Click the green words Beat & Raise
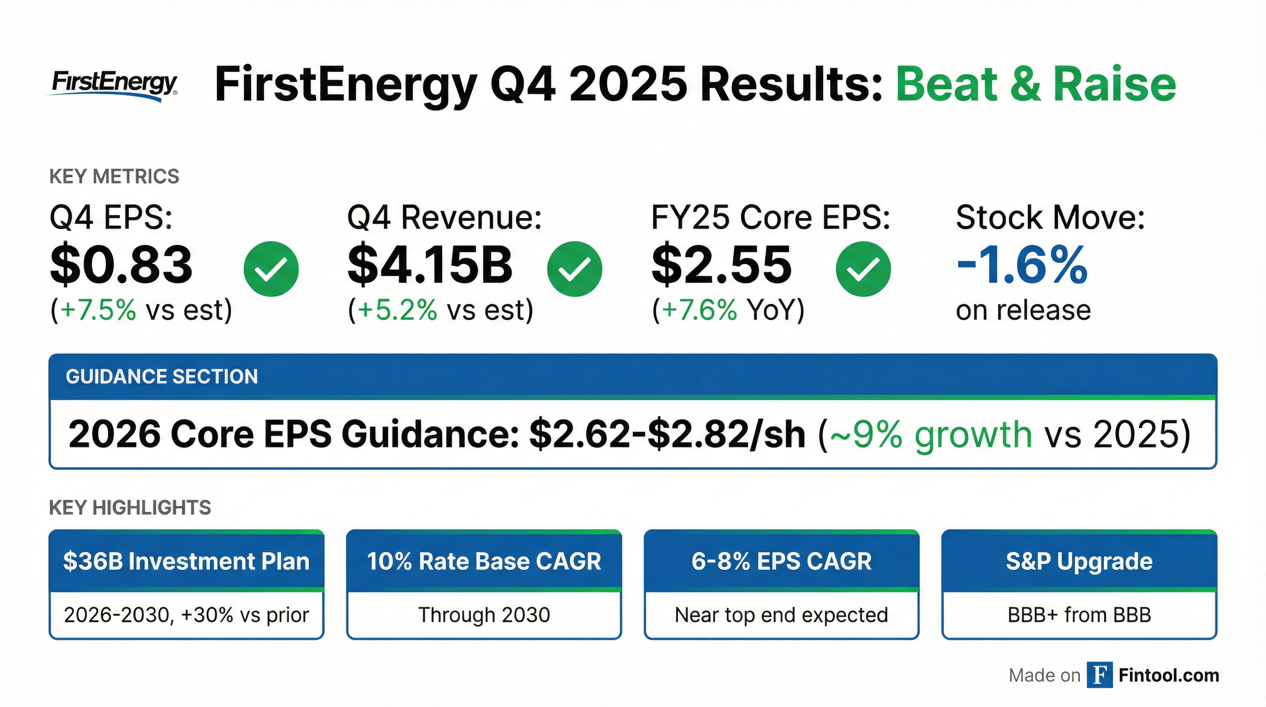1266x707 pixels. coord(1036,85)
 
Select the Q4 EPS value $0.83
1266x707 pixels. coord(121,265)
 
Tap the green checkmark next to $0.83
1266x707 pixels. coord(271,269)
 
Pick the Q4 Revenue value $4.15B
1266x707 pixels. coord(430,265)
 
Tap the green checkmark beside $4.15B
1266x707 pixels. coord(574,269)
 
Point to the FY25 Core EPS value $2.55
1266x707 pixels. coord(721,265)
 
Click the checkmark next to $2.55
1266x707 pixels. coord(863,269)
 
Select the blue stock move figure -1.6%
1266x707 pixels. coord(1022,265)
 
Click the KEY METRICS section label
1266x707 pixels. coord(114,176)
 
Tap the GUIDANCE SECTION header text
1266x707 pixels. coord(161,377)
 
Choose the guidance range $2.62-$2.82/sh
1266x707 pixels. coord(668,435)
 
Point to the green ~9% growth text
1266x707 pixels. coord(930,435)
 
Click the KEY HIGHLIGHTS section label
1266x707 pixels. coord(130,507)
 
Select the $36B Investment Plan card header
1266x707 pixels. coord(186,561)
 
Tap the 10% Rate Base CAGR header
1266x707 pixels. coord(483,561)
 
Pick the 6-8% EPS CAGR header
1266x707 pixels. coord(782,561)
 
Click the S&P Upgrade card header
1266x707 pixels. coord(1079,561)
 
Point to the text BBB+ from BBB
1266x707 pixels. coord(1079,615)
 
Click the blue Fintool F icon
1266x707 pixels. coord(1099,675)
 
